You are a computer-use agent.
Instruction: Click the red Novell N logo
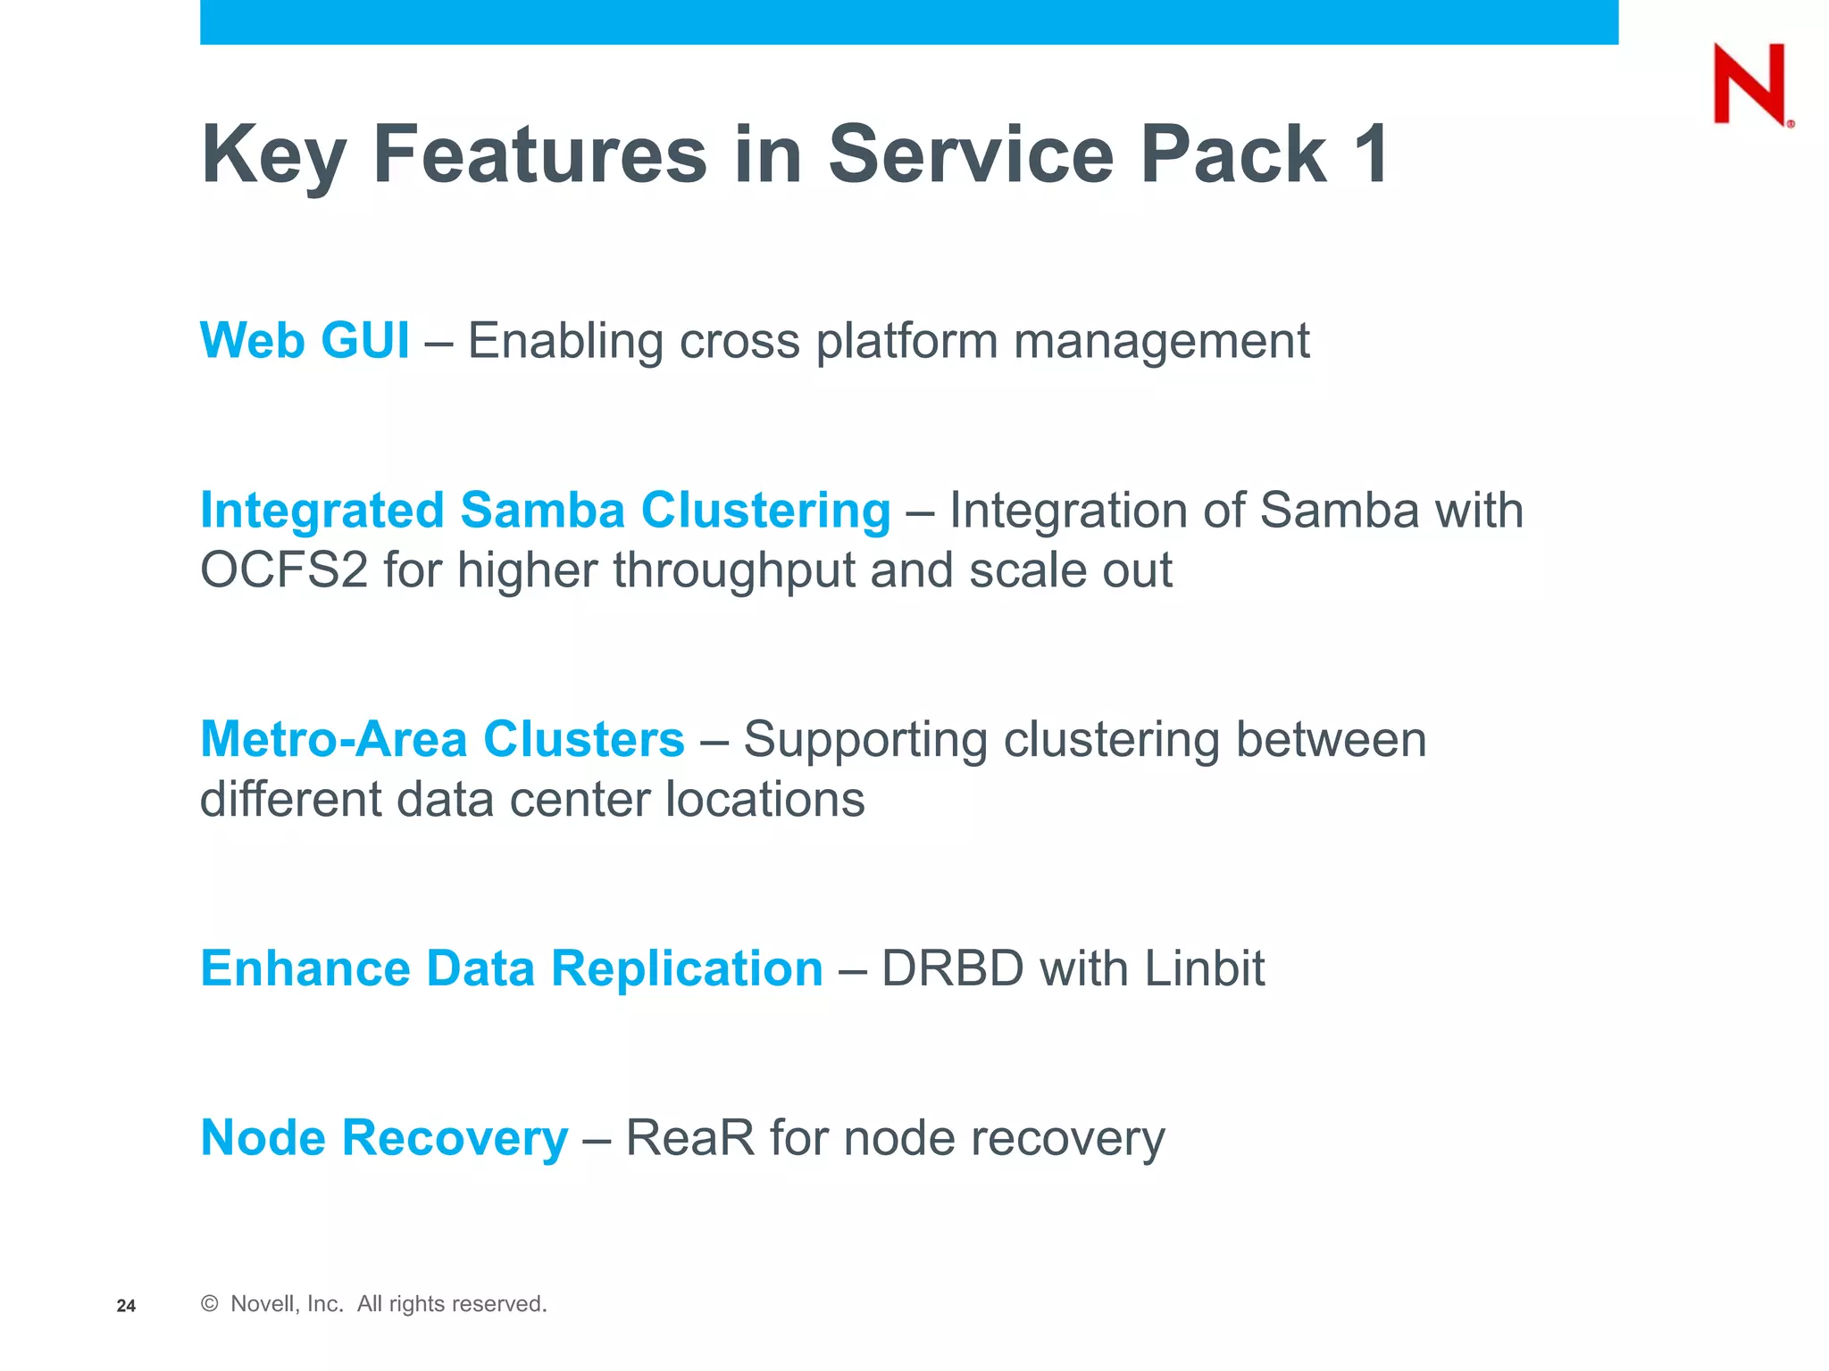pyautogui.click(x=1750, y=85)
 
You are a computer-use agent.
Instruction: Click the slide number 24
pyautogui.click(x=126, y=1306)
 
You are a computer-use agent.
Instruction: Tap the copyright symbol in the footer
pyautogui.click(x=210, y=1304)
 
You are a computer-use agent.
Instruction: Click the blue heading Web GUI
pyautogui.click(x=305, y=340)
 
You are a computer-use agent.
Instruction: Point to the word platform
pyautogui.click(x=906, y=342)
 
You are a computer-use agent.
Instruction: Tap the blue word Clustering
pyautogui.click(x=765, y=511)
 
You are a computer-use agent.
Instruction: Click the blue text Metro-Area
pyautogui.click(x=333, y=739)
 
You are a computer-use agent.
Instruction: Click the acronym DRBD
pyautogui.click(x=952, y=968)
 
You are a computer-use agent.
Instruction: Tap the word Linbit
pyautogui.click(x=1205, y=968)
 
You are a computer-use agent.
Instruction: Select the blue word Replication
pyautogui.click(x=687, y=968)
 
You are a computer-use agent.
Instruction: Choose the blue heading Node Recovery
pyautogui.click(x=384, y=1138)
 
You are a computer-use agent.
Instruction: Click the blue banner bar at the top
pyautogui.click(x=908, y=21)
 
